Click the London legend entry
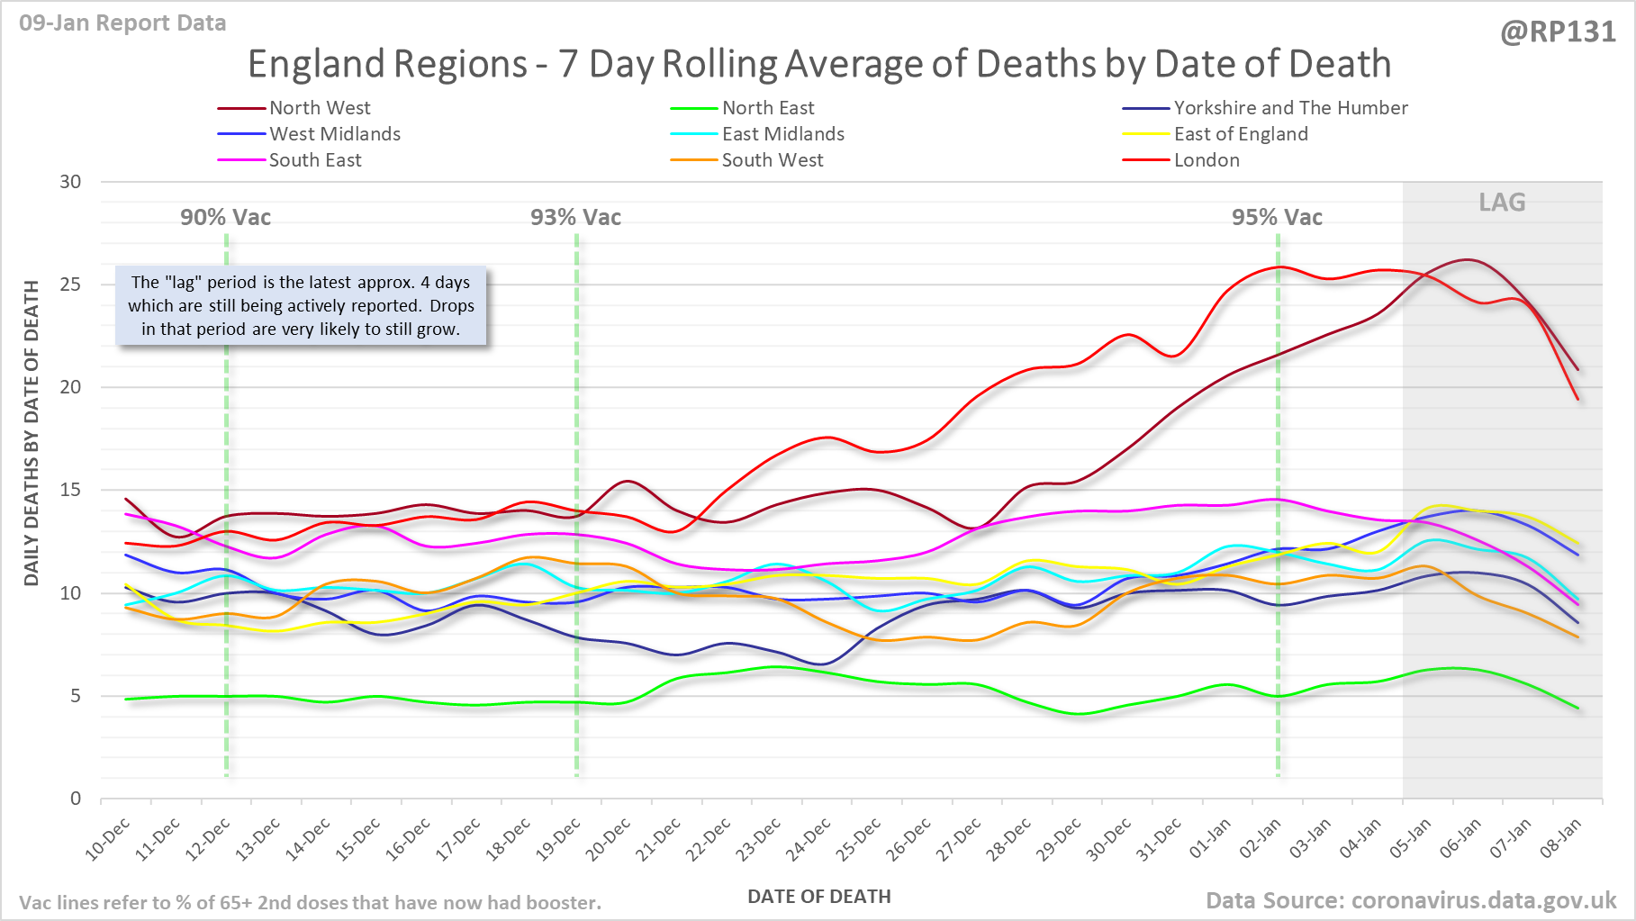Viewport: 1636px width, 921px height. (1207, 160)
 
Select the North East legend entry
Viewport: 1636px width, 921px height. (767, 108)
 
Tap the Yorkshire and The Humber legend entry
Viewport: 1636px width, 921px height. (1290, 108)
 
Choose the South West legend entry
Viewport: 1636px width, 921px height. (772, 160)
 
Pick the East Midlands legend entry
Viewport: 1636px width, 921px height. (782, 134)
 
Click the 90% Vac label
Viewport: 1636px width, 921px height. (225, 218)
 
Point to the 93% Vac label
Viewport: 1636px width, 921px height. (575, 218)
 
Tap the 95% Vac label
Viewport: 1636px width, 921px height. (1277, 218)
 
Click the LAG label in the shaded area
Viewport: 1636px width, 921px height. (1502, 203)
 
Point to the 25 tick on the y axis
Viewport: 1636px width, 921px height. (70, 284)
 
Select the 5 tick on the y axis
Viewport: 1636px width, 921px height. (76, 696)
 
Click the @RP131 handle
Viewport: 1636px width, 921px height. (1558, 32)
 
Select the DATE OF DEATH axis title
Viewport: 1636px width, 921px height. (818, 897)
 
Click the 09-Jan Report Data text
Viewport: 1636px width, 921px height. (122, 23)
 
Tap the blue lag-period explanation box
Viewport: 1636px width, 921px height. (301, 306)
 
